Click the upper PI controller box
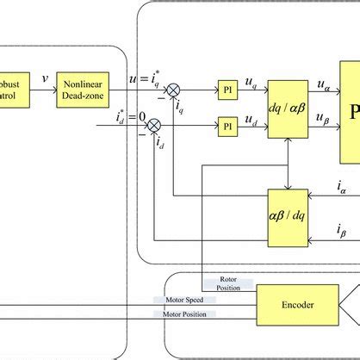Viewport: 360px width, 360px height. point(227,90)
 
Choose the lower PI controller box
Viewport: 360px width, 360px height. point(227,126)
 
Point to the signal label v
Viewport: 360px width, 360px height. point(45,78)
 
